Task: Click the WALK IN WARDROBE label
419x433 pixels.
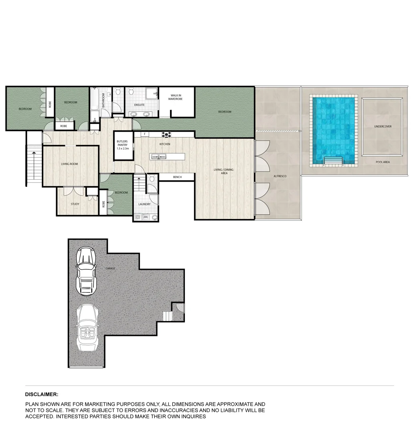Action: click(175, 97)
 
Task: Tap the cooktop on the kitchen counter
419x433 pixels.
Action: click(166, 135)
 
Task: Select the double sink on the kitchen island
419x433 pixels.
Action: click(159, 156)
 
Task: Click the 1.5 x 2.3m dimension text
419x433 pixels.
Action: click(123, 148)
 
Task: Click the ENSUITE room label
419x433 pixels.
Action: click(139, 105)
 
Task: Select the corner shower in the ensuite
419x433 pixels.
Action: click(152, 93)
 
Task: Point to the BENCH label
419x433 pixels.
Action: click(177, 177)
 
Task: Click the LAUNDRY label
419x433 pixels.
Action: click(144, 204)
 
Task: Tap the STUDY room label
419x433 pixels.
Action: click(75, 204)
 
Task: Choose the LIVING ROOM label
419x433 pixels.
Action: click(69, 164)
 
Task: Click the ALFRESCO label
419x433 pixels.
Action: click(280, 176)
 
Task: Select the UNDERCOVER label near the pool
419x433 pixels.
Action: click(383, 126)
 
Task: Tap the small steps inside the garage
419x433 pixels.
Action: click(167, 316)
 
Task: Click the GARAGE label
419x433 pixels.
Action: click(110, 268)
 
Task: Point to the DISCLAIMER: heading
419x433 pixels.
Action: click(42, 395)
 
